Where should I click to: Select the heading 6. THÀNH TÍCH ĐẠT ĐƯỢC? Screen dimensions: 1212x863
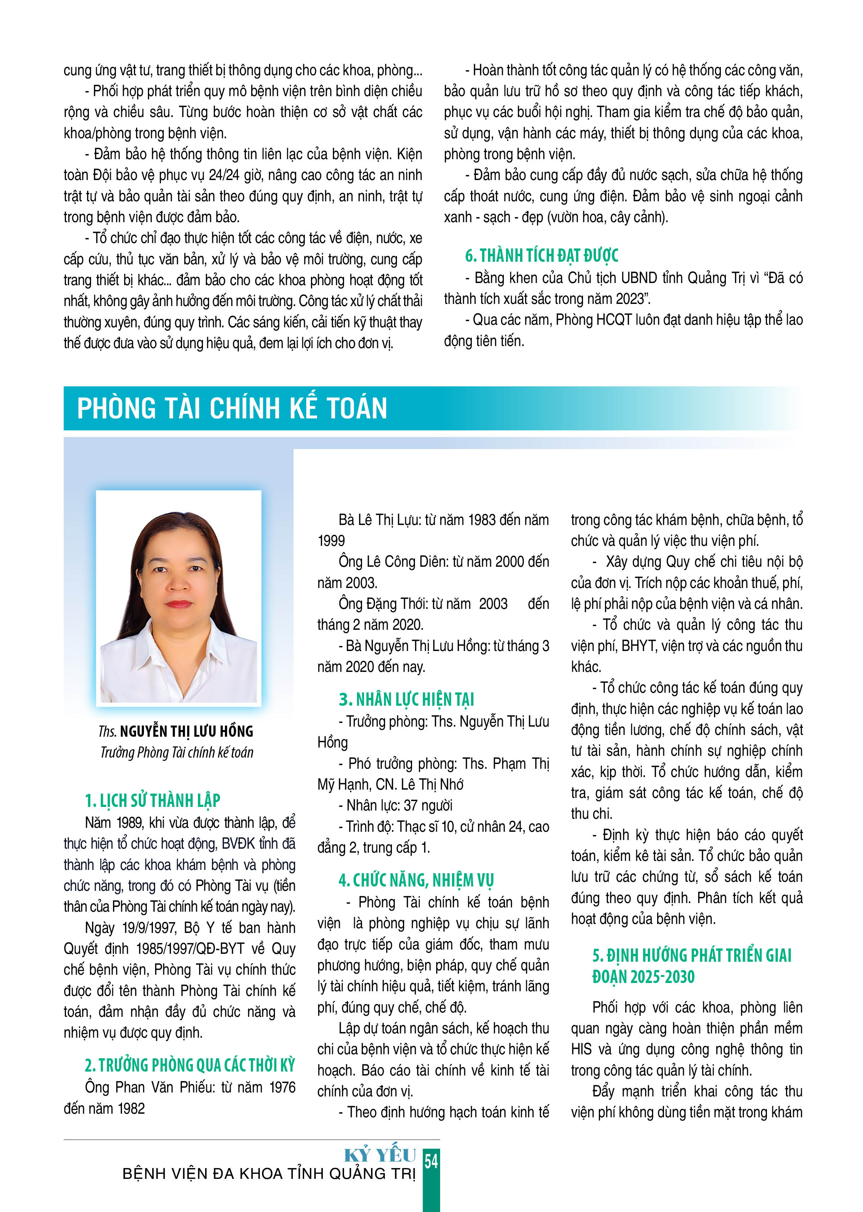pos(542,256)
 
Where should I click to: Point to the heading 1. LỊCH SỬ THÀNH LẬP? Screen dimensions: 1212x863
pos(153,800)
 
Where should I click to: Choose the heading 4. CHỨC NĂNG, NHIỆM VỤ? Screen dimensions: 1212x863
pos(416,880)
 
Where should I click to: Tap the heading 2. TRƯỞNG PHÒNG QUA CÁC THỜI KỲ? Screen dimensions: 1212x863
pos(190,1065)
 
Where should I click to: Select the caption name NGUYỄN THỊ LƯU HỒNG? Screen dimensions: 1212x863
pos(186,731)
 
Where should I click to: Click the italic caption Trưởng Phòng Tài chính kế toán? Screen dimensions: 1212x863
pos(177,753)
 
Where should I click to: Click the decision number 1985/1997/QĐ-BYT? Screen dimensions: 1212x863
pos(190,949)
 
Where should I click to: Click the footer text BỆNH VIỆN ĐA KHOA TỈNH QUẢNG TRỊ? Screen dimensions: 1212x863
pos(268,1174)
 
